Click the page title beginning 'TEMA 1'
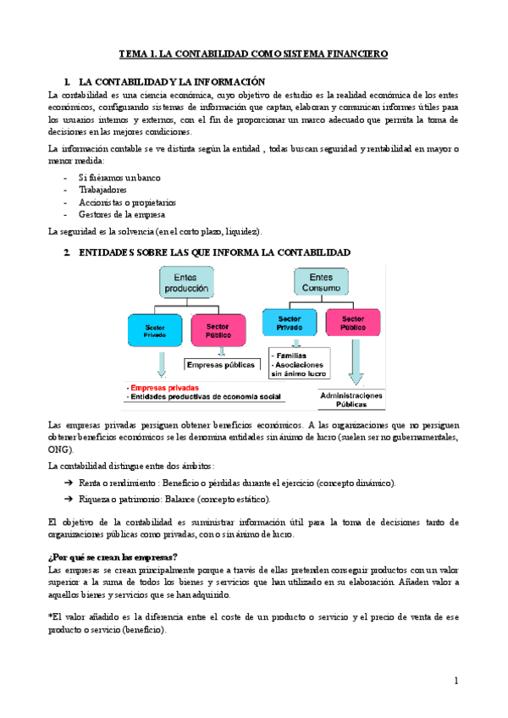pos(253,53)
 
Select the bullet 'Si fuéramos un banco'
pos(119,177)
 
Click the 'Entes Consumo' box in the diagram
pos(321,282)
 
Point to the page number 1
pos(455,680)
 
